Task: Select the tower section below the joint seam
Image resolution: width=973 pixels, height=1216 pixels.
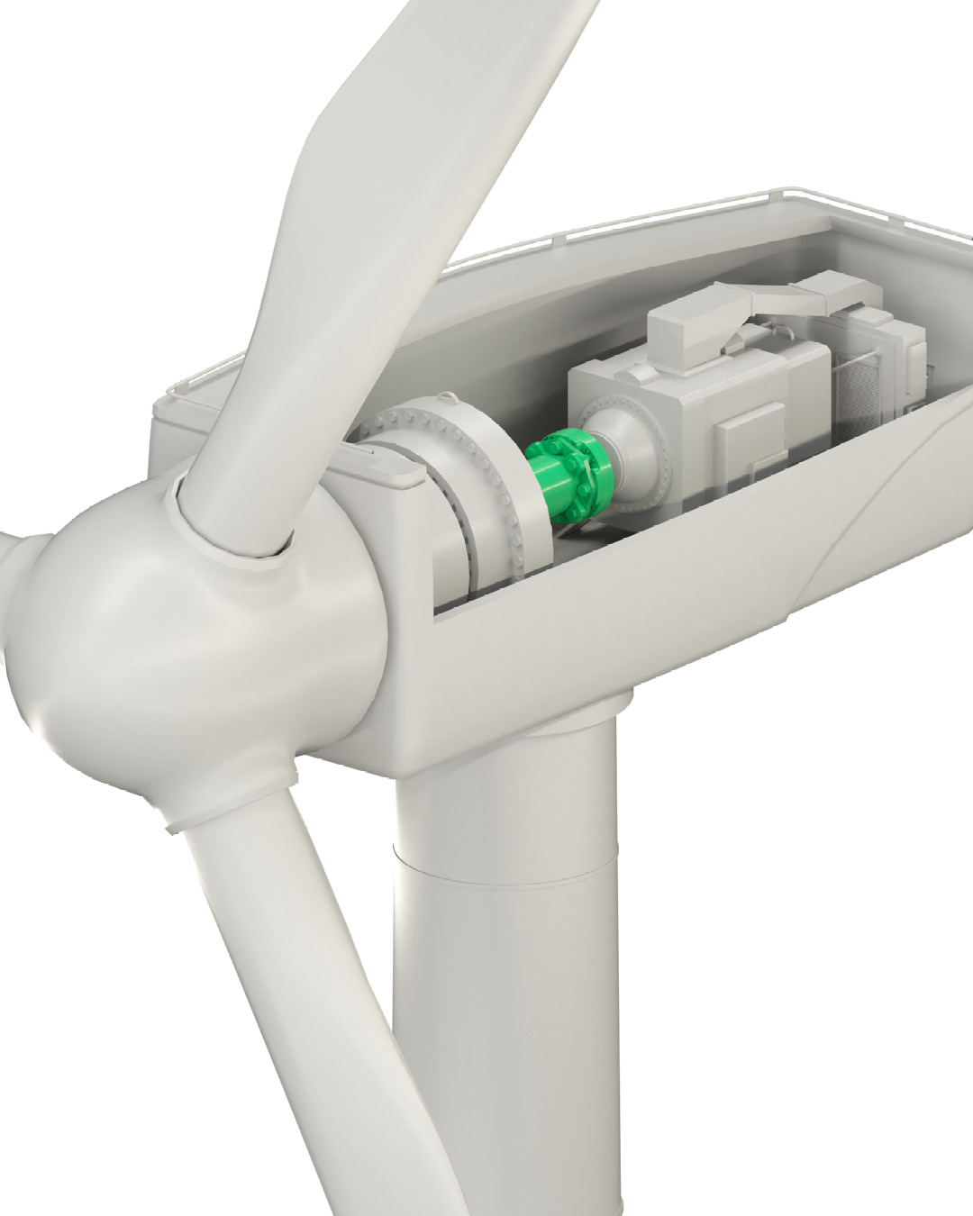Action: pos(505,1036)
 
